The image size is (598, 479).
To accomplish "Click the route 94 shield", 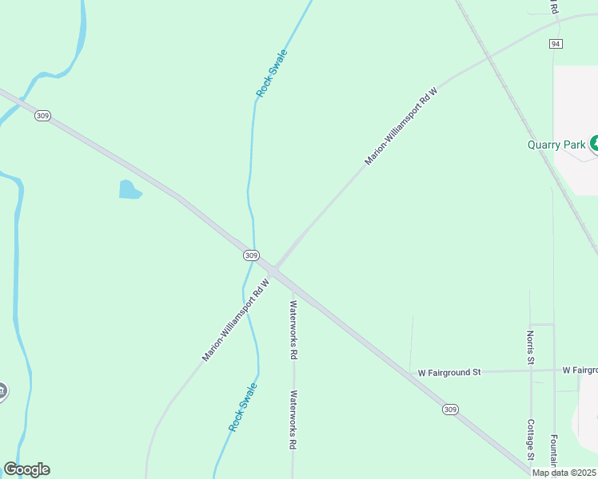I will (556, 43).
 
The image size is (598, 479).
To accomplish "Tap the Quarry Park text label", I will (556, 145).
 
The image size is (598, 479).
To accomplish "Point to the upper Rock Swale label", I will (271, 73).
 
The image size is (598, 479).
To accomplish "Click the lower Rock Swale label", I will (243, 407).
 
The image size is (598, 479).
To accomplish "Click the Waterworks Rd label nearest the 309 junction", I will (293, 328).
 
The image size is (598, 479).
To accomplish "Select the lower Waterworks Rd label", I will (293, 419).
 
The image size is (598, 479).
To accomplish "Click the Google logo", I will (26, 469).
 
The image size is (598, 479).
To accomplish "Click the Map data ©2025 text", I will (564, 473).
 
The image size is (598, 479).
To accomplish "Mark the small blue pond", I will (130, 190).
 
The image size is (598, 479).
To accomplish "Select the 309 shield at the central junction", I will (251, 255).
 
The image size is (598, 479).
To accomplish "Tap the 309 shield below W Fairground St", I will (450, 409).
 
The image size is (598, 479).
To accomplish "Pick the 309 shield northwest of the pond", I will (42, 116).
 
